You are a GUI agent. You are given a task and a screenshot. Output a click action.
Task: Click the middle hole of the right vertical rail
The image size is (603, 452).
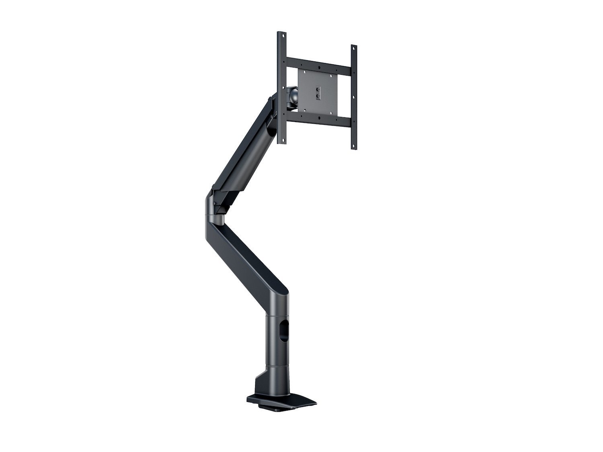coord(354,96)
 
